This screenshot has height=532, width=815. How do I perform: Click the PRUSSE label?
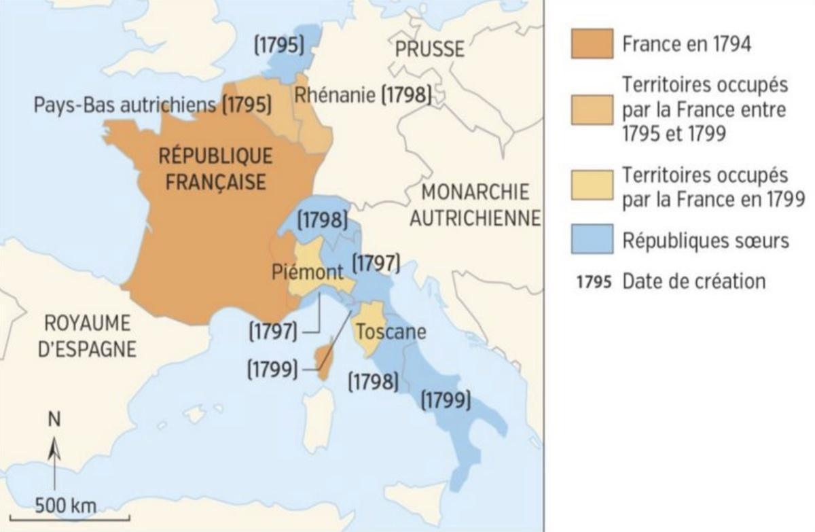[x=431, y=49]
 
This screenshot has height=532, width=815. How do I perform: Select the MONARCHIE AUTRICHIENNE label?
[x=475, y=205]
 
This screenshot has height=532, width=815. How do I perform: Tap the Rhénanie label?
[x=334, y=96]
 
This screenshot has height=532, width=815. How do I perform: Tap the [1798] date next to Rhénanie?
[x=406, y=96]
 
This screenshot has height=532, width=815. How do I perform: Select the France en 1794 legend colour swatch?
[x=592, y=45]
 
